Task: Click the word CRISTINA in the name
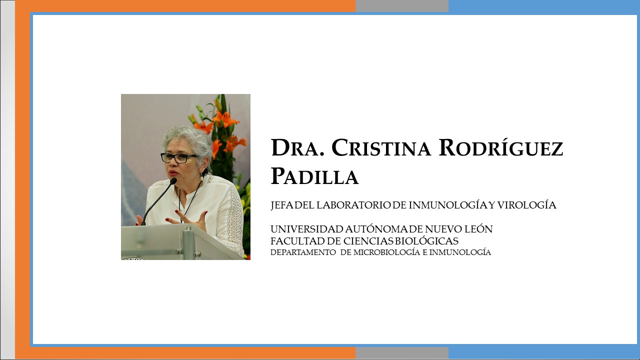(x=381, y=147)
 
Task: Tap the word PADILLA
(x=314, y=176)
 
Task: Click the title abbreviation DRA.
(x=298, y=147)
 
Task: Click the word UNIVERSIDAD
(x=307, y=229)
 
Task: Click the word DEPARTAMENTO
(x=303, y=252)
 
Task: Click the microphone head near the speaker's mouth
(x=173, y=181)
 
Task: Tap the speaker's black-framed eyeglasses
(x=179, y=157)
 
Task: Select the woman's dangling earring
(x=201, y=177)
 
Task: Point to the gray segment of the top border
(x=402, y=6)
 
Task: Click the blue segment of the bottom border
(x=544, y=353)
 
